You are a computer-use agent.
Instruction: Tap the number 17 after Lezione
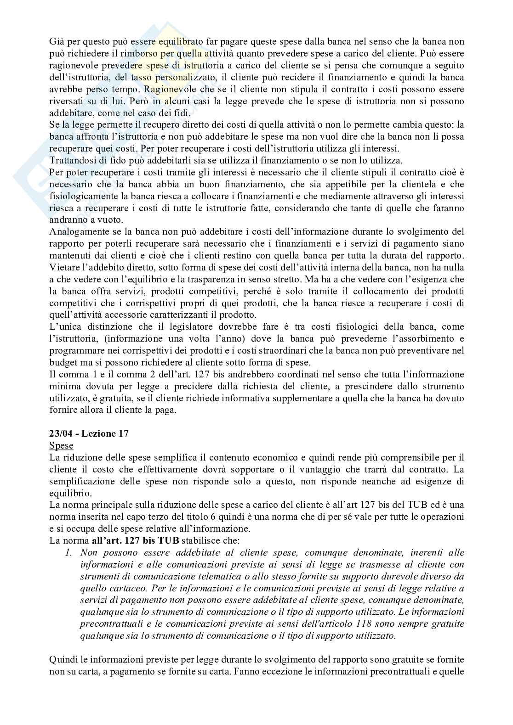click(x=123, y=434)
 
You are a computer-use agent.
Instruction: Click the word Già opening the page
click(x=57, y=41)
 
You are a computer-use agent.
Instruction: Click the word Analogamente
click(x=78, y=232)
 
